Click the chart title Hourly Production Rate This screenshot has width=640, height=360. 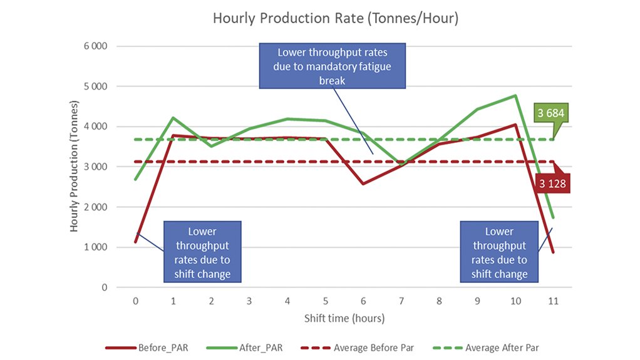(x=336, y=19)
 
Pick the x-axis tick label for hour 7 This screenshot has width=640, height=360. (x=401, y=301)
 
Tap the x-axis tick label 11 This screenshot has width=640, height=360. (x=553, y=301)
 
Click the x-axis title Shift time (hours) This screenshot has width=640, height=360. (x=344, y=318)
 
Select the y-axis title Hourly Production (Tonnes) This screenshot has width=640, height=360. (x=74, y=167)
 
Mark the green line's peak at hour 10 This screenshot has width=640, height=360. (x=515, y=96)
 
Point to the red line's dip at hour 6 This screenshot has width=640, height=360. (x=363, y=184)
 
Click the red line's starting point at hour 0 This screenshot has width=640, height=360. (x=135, y=242)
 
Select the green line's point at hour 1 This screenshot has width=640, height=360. (x=173, y=118)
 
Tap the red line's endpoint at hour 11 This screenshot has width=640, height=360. (x=553, y=252)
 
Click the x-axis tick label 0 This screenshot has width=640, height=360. (x=135, y=301)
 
